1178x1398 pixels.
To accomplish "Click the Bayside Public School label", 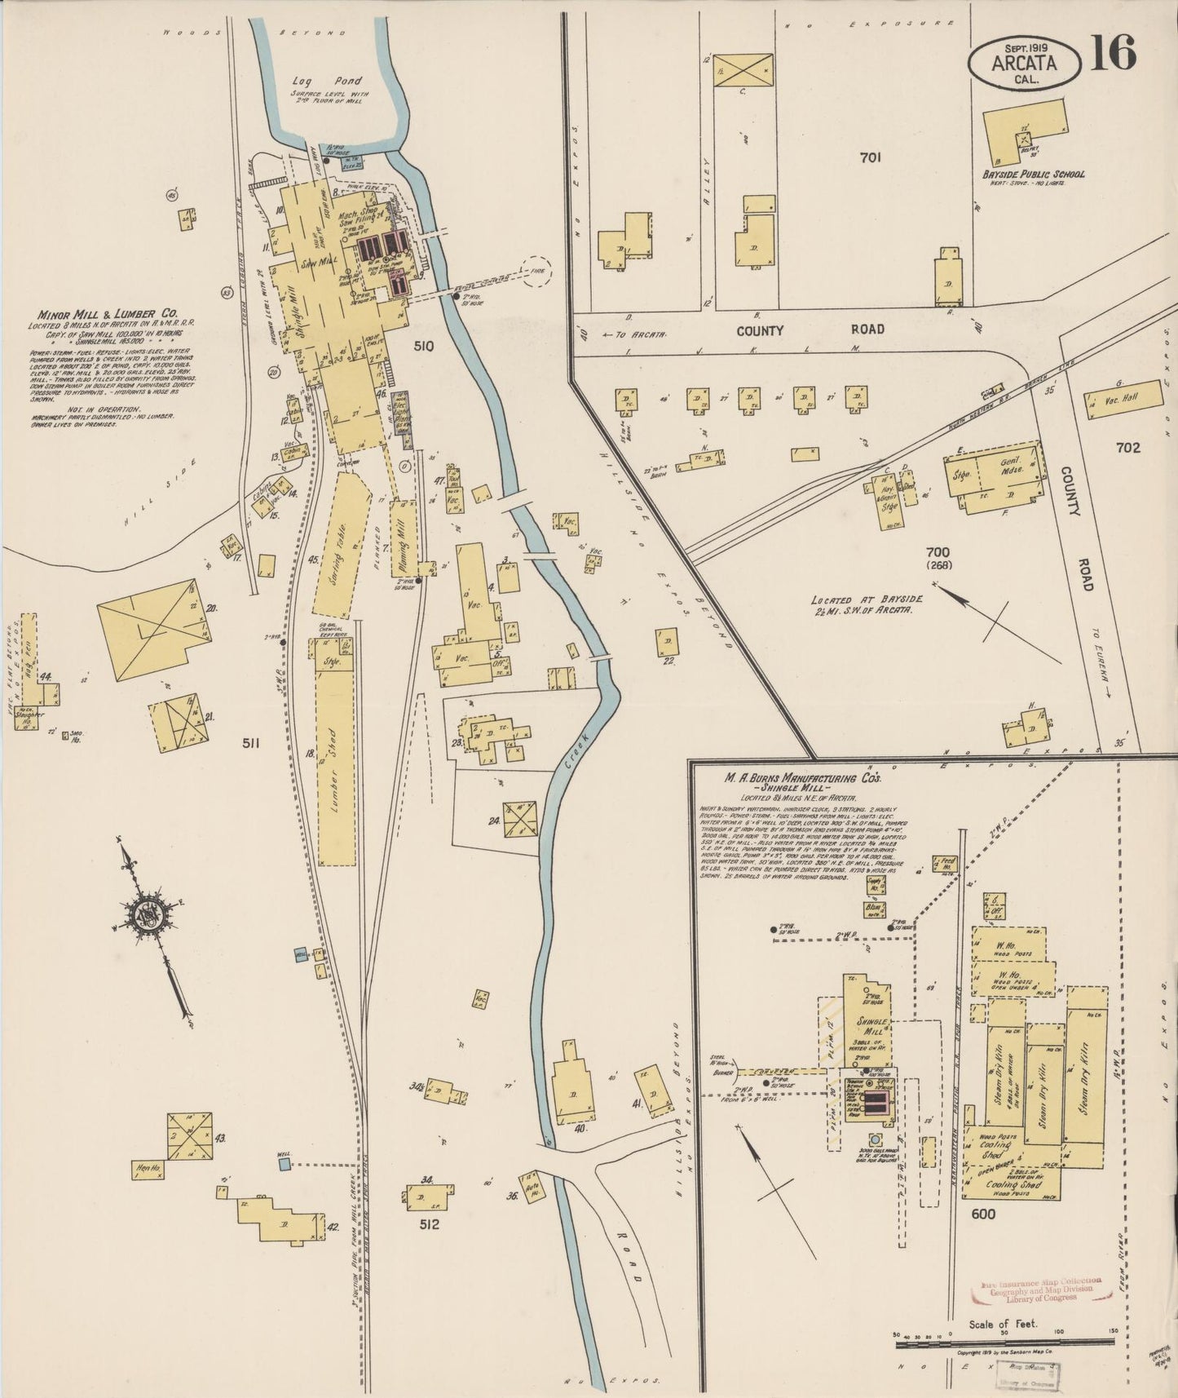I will point(1033,174).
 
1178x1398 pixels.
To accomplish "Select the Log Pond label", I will point(330,82).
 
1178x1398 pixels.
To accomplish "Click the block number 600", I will point(983,1214).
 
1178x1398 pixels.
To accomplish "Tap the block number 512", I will point(429,1223).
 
